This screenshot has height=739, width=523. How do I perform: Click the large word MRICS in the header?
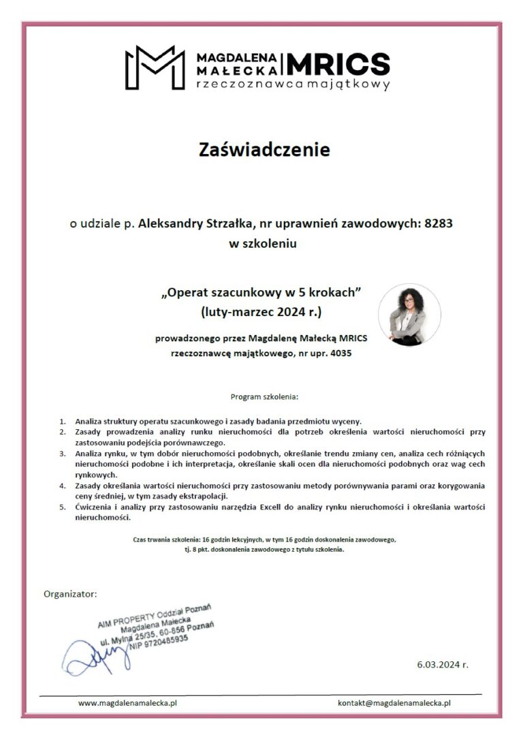coord(338,64)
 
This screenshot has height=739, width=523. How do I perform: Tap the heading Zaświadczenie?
coord(265,150)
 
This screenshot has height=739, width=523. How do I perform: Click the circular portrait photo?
coord(409,315)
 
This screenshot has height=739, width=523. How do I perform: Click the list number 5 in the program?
coord(63,507)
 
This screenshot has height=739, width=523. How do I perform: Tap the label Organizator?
coord(70,593)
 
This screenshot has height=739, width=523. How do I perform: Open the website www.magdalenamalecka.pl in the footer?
coord(128,702)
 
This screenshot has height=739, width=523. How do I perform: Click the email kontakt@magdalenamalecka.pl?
coord(395,702)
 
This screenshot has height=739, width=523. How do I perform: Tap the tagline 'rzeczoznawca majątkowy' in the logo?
coord(292,85)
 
